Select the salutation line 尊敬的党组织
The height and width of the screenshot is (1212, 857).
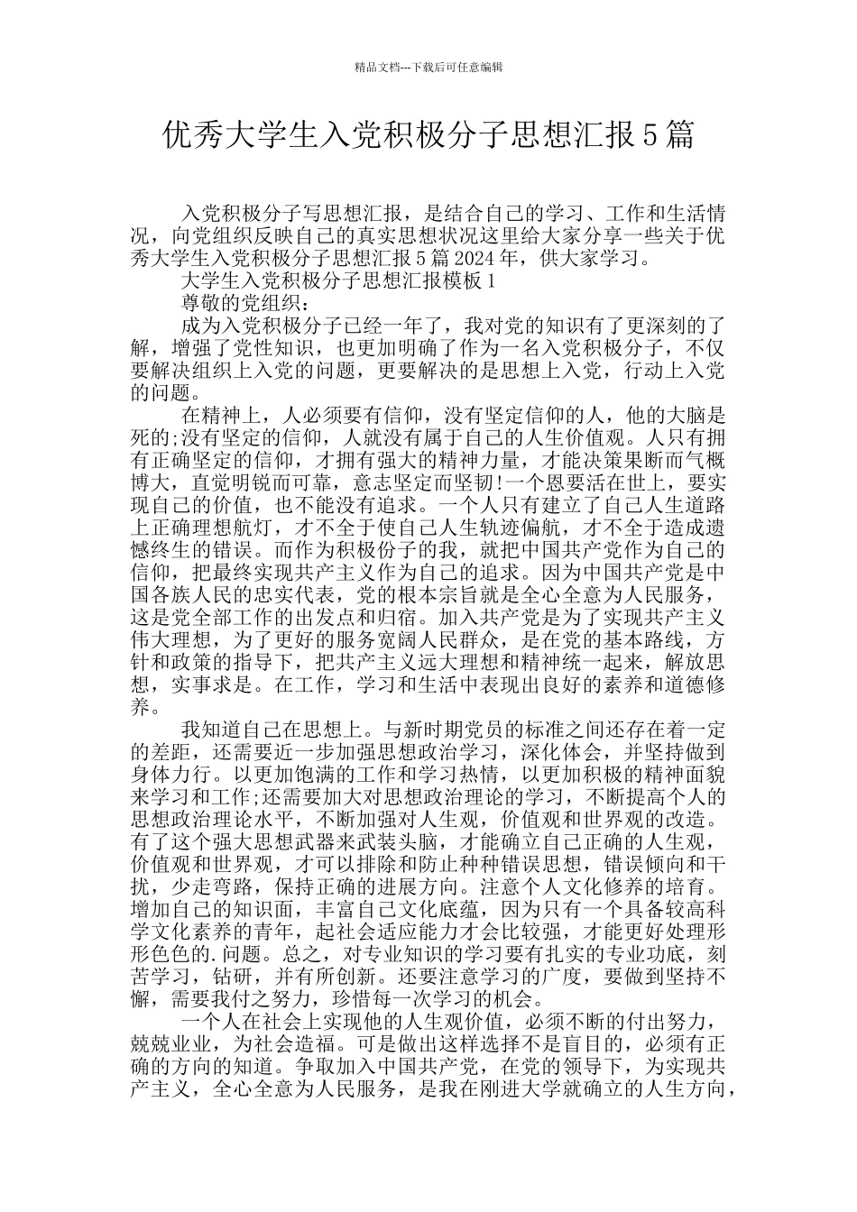pos(240,302)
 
